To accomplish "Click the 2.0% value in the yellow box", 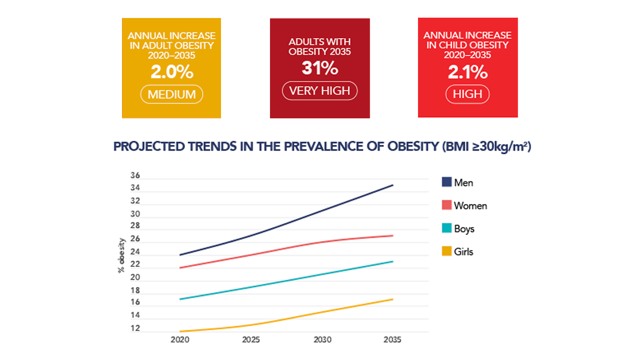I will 172,72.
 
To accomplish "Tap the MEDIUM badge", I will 172,94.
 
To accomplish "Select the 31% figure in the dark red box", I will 320,68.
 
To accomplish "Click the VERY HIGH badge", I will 320,91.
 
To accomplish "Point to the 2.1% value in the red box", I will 468,72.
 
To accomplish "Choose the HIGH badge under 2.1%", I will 467,94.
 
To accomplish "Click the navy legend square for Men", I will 447,182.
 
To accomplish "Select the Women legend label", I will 470,206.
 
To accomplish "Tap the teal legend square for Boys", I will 447,228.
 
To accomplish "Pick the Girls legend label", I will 463,252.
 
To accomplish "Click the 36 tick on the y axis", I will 135,175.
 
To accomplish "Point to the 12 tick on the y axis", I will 135,328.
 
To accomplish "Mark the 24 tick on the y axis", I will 135,252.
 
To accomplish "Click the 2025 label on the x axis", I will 251,340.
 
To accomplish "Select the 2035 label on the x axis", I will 392,340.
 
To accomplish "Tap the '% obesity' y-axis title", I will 121,256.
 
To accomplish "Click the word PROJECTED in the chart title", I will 149,147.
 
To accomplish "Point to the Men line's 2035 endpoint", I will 393,185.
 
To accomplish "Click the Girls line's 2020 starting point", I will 180,331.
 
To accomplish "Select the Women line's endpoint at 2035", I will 393,236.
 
